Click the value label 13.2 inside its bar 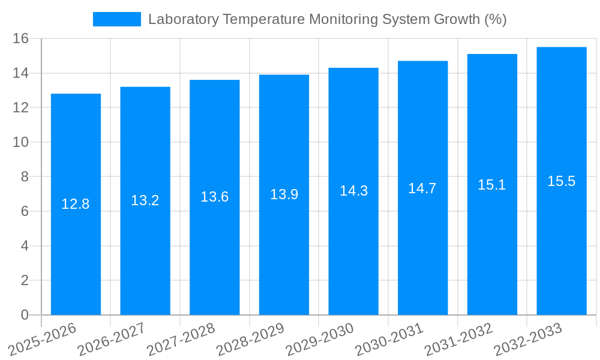(145, 200)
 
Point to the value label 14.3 (353, 191)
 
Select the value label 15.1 (492, 185)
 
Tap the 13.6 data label (214, 197)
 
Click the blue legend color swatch (116, 19)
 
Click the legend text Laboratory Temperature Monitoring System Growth (327, 19)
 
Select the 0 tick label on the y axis (25, 315)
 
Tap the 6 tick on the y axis (25, 211)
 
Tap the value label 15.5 (562, 181)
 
